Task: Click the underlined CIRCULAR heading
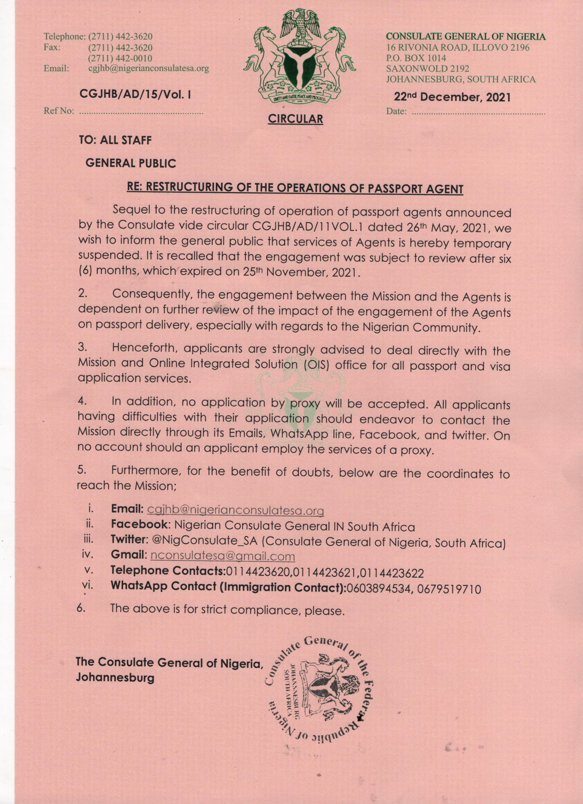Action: tap(296, 119)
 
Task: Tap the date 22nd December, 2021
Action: tap(452, 97)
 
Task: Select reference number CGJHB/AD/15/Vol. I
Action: tap(136, 95)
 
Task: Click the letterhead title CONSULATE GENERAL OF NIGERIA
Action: tap(465, 36)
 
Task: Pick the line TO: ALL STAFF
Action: tap(115, 140)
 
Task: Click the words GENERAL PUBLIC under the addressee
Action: tap(131, 163)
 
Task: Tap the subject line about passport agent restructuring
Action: tap(295, 188)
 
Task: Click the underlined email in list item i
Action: tap(235, 510)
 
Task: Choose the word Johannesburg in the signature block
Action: tap(115, 678)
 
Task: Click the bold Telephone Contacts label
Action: tap(167, 571)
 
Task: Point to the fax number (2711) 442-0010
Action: tap(120, 58)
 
